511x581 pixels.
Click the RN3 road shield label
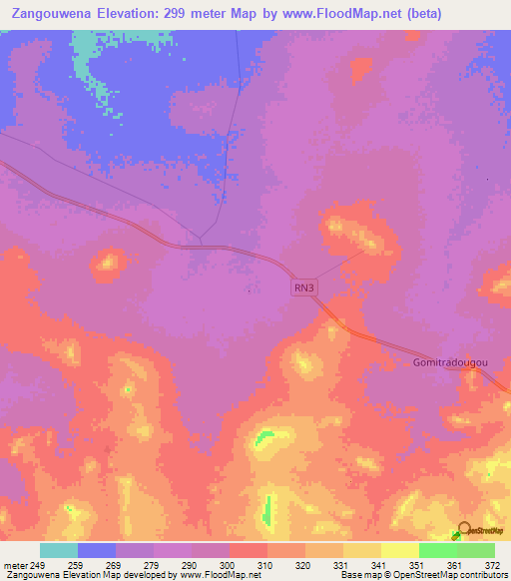point(304,288)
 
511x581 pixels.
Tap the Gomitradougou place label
point(450,363)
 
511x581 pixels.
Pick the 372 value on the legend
point(493,565)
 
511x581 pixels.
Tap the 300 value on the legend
point(229,565)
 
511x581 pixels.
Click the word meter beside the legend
point(15,565)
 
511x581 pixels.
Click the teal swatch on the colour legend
point(59,550)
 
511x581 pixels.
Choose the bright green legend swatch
point(437,550)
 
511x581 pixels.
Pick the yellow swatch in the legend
point(399,550)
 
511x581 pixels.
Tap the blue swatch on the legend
point(97,550)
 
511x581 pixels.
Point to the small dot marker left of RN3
point(249,291)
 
